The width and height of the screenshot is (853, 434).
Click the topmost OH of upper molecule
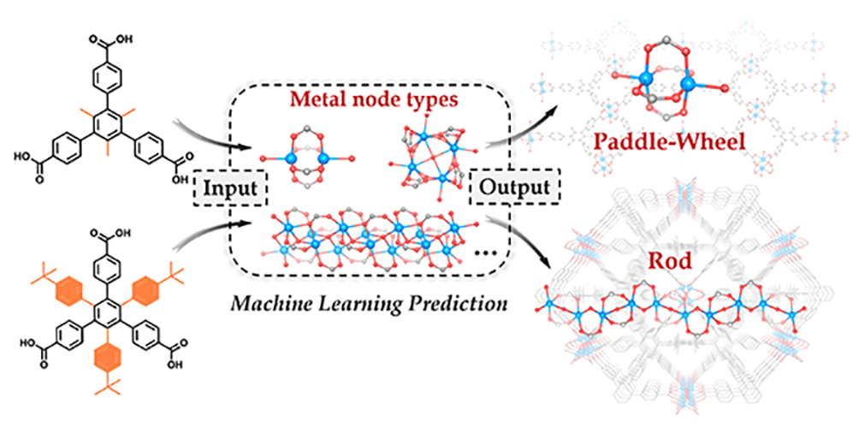click(x=126, y=15)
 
